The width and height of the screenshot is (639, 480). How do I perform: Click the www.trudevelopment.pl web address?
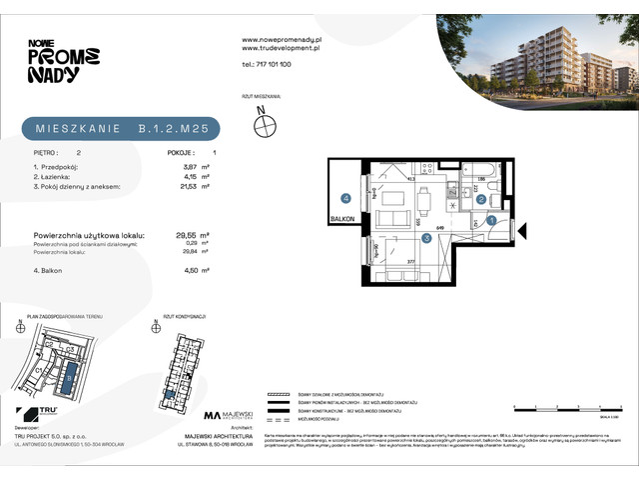click(x=281, y=47)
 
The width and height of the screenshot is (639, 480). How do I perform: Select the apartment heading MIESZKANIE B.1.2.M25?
click(x=120, y=129)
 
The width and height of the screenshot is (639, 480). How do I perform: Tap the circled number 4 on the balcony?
click(x=344, y=198)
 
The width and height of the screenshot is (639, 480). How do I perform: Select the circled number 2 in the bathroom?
click(x=480, y=198)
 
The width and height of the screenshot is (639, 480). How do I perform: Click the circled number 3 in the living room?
click(x=425, y=237)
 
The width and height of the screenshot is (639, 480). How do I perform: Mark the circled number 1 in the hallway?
click(x=491, y=220)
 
